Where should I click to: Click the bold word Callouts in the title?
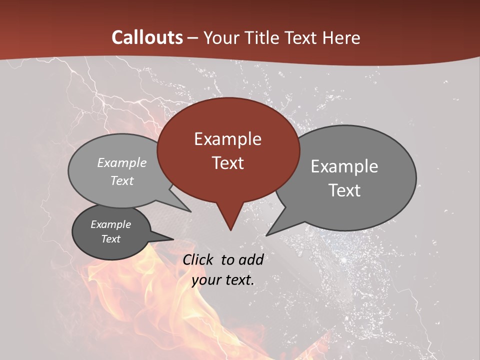147,37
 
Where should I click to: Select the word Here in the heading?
342,37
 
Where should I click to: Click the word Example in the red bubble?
227,139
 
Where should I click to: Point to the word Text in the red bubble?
227,162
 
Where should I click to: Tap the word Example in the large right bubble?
344,166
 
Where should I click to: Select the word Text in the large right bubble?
344,190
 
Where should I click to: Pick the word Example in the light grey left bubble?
122,163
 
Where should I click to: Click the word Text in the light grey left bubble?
122,180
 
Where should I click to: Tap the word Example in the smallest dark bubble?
111,224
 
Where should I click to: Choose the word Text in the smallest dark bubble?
111,239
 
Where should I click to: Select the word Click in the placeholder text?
199,259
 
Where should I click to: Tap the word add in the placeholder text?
251,259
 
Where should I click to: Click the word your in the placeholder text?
206,280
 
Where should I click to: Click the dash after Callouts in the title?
193,38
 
